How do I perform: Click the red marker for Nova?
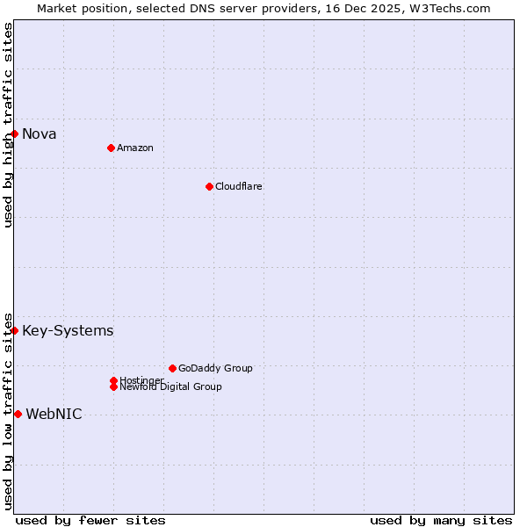[x=15, y=134]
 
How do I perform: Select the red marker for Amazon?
[x=111, y=148]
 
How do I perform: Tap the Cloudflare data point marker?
[x=209, y=186]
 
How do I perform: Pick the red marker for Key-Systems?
[x=15, y=330]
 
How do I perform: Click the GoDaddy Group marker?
[x=172, y=368]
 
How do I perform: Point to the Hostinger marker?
[x=113, y=380]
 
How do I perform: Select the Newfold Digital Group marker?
[x=113, y=386]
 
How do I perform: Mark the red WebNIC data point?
[x=18, y=414]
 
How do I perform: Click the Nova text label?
[x=40, y=134]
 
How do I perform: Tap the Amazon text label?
[x=135, y=148]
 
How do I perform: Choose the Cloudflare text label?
[x=239, y=186]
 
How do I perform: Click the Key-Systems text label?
[x=68, y=330]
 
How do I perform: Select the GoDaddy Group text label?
[x=215, y=368]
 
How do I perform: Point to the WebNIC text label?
[x=54, y=414]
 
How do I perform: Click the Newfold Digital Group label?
[x=170, y=386]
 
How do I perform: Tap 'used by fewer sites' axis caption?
[x=90, y=520]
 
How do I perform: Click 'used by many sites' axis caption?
[x=441, y=520]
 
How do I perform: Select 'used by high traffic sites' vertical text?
[x=8, y=125]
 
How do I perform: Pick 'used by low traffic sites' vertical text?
[x=8, y=410]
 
